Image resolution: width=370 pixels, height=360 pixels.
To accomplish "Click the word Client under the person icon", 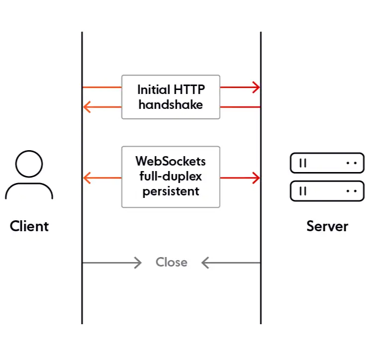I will pos(29,226).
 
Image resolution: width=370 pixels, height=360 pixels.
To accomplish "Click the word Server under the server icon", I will pos(327,226).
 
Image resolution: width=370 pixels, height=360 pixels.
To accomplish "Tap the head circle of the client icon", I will pos(29,164).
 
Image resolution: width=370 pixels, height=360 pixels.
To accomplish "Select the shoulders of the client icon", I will pos(29,191).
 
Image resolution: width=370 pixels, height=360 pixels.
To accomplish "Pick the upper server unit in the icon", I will pos(327,163).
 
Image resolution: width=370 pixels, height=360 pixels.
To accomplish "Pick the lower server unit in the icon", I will pos(327,191).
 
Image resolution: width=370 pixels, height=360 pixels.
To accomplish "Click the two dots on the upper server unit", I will pos(352,163).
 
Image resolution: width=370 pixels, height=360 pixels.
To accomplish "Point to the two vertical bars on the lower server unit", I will pos(302,191).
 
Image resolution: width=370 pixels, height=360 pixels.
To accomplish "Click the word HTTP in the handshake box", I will pos(189,90).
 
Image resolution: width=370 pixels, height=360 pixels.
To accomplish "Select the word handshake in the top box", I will pos(170,104).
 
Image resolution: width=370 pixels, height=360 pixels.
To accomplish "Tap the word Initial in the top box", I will pos(153,90).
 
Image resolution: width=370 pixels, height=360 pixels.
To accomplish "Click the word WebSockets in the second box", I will pos(170,162).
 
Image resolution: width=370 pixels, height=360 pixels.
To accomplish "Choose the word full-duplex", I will pos(170,177).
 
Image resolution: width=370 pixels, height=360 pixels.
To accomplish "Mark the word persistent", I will pos(170,191).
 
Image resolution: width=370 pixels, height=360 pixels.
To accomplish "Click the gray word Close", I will pos(171,262).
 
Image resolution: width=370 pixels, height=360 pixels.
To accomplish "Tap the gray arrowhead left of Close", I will pos(138,263).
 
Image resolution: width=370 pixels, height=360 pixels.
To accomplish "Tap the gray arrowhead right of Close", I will pos(205,263).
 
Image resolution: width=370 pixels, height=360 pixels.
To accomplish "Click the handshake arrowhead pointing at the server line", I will pos(256,88).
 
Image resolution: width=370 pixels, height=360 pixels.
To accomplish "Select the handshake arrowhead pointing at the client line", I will pos(87,107).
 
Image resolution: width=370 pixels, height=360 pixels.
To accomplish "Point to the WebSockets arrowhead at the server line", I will pos(256,178).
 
